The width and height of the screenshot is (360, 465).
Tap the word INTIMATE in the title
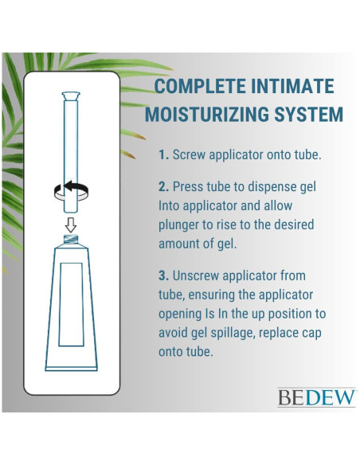pos(295,87)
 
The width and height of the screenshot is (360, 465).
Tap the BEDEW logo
pos(316,397)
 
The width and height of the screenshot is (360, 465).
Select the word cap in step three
pos(319,333)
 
